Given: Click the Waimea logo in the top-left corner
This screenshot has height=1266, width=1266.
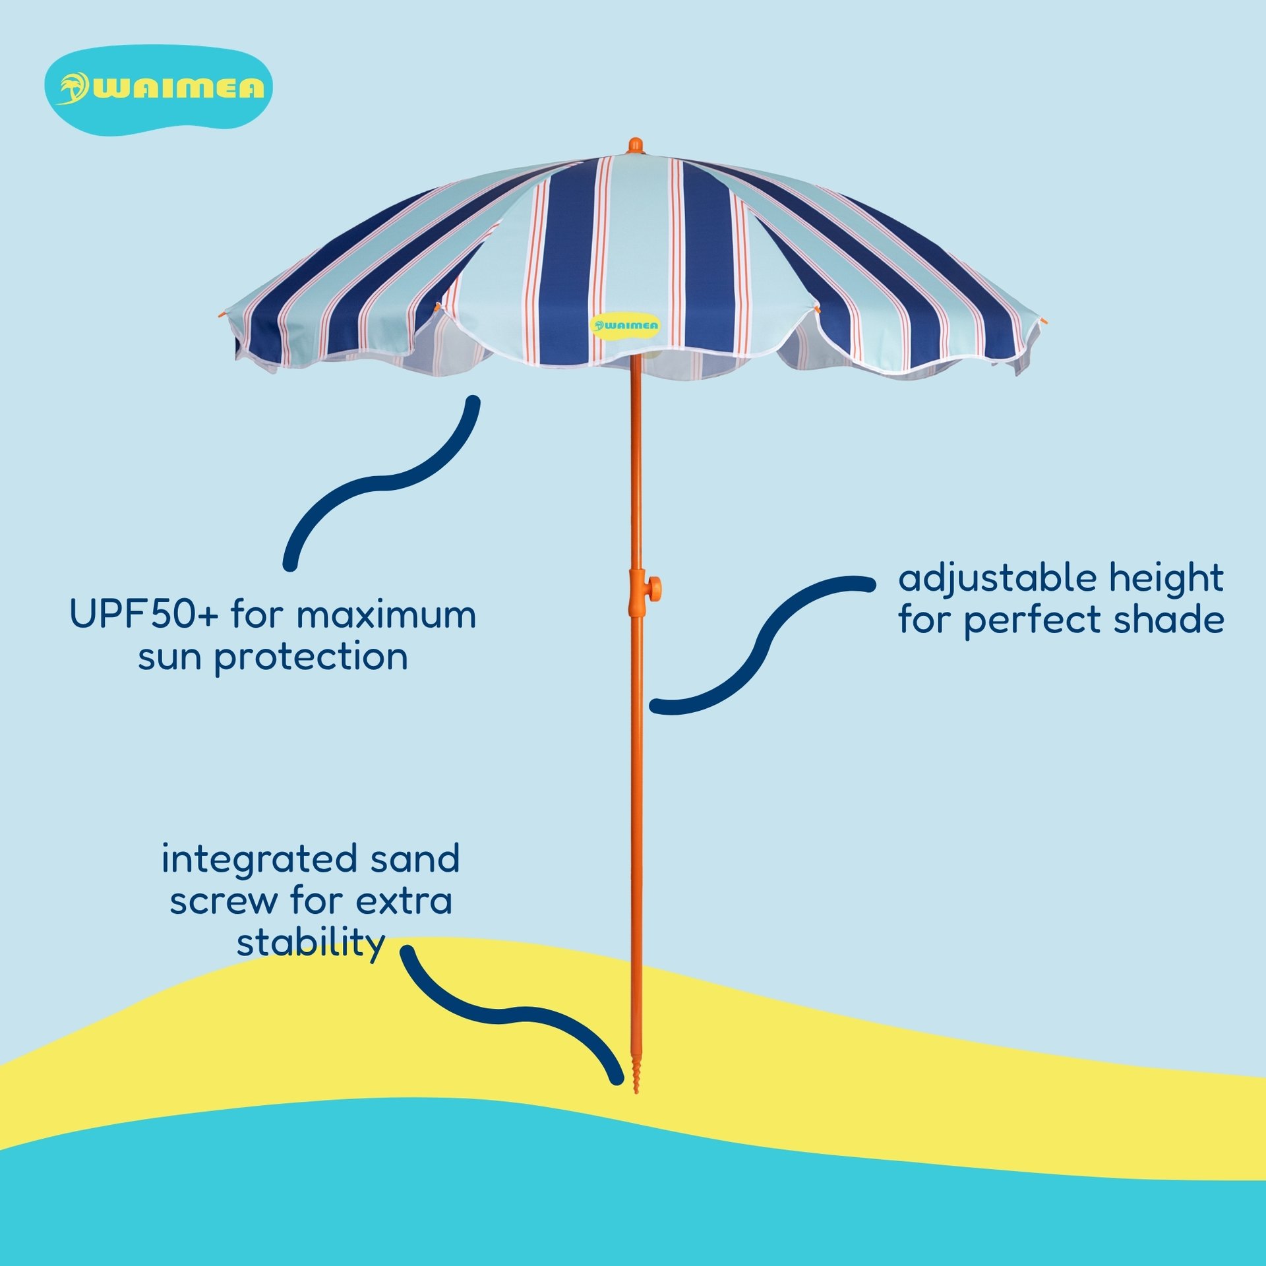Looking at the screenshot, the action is (x=158, y=90).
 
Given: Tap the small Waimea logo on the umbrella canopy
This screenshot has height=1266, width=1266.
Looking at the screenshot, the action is (x=625, y=325).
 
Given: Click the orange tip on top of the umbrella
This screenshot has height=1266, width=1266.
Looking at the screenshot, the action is (x=635, y=145).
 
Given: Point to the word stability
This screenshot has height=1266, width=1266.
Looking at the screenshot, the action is (x=311, y=943).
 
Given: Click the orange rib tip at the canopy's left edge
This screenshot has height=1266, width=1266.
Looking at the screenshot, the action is (x=222, y=316).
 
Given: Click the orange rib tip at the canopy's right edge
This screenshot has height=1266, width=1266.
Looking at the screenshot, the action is (x=1044, y=322).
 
